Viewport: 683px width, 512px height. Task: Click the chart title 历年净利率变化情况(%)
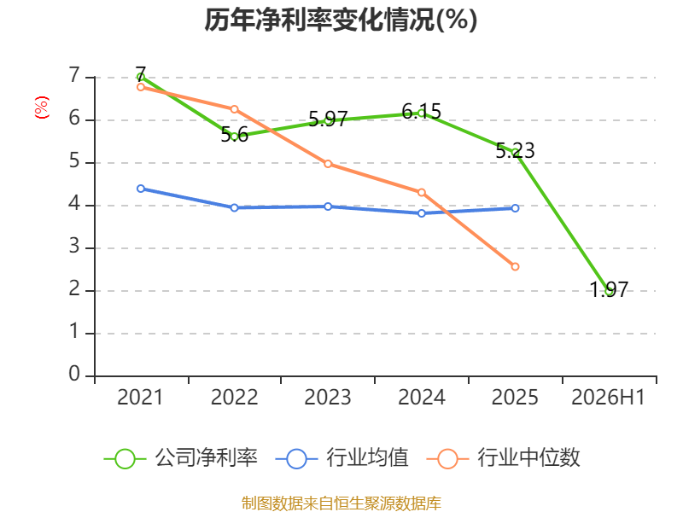[x=341, y=20]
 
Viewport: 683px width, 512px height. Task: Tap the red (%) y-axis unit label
[x=41, y=108]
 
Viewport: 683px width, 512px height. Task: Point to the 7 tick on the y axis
[x=74, y=75]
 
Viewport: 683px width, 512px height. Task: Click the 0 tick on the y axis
[x=74, y=374]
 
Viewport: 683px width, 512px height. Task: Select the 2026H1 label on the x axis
[x=608, y=398]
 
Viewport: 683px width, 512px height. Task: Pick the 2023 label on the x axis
[x=328, y=398]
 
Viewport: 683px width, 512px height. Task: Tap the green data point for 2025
[x=516, y=153]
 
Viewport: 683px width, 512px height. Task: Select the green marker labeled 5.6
[x=234, y=137]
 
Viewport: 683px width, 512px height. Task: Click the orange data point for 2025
[x=516, y=266]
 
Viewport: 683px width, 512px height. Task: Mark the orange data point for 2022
[x=234, y=109]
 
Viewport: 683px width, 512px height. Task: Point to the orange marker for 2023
[x=328, y=164]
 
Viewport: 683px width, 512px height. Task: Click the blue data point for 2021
[x=141, y=189]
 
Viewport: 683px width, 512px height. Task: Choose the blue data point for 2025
[x=516, y=208]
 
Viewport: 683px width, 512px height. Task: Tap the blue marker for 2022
[x=234, y=207]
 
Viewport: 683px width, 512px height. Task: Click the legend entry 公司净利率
[x=181, y=458]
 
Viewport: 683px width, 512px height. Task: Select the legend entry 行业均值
[x=342, y=458]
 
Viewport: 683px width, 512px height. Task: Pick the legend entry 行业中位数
[x=504, y=458]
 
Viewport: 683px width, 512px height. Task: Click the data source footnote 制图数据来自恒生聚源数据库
[x=341, y=503]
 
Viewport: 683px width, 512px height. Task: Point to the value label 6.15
[x=421, y=112]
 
